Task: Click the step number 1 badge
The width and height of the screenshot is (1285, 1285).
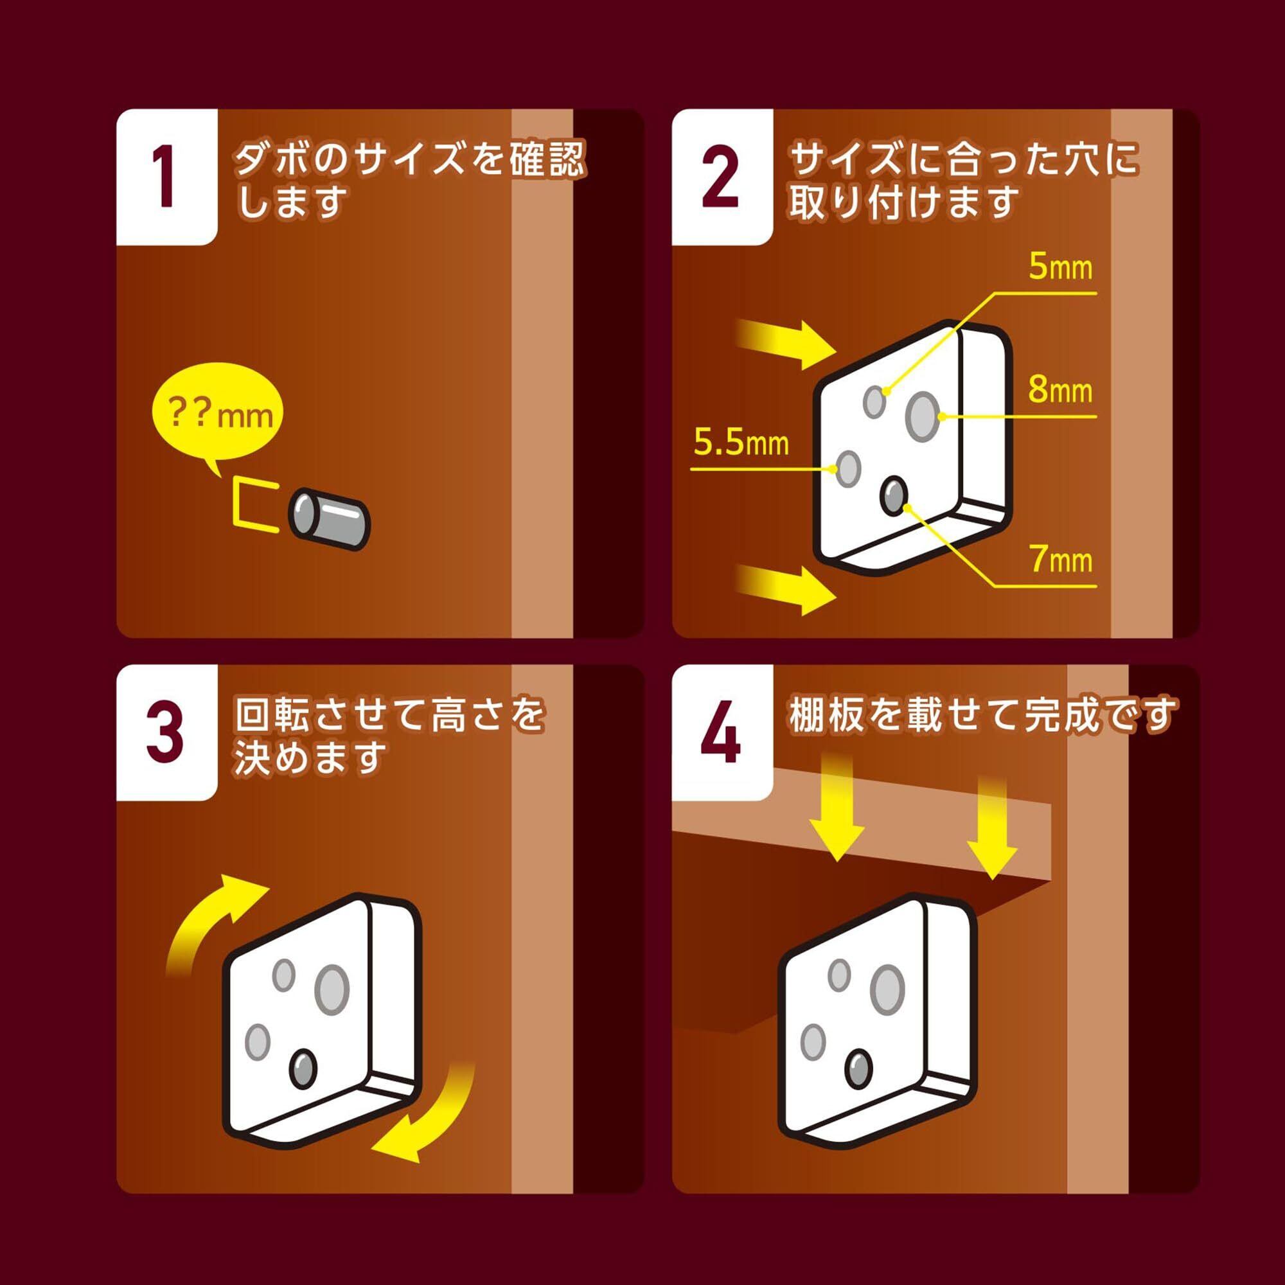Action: (x=167, y=177)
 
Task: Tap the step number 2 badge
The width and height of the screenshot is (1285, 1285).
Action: (x=722, y=177)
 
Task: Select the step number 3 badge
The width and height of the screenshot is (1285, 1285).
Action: (x=167, y=732)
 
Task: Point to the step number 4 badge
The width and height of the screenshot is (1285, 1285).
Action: (x=722, y=732)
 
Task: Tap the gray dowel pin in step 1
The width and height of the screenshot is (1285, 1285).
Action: (x=328, y=519)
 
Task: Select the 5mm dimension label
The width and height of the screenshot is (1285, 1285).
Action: (x=1060, y=268)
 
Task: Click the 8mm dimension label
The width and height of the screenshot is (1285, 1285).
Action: (x=1060, y=390)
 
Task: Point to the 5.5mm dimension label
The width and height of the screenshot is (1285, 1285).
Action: (x=741, y=442)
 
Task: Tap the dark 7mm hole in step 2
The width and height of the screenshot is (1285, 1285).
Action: (x=893, y=496)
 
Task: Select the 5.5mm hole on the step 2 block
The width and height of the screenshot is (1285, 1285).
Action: (x=848, y=468)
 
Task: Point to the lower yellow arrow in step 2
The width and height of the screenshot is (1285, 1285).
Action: (x=787, y=589)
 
